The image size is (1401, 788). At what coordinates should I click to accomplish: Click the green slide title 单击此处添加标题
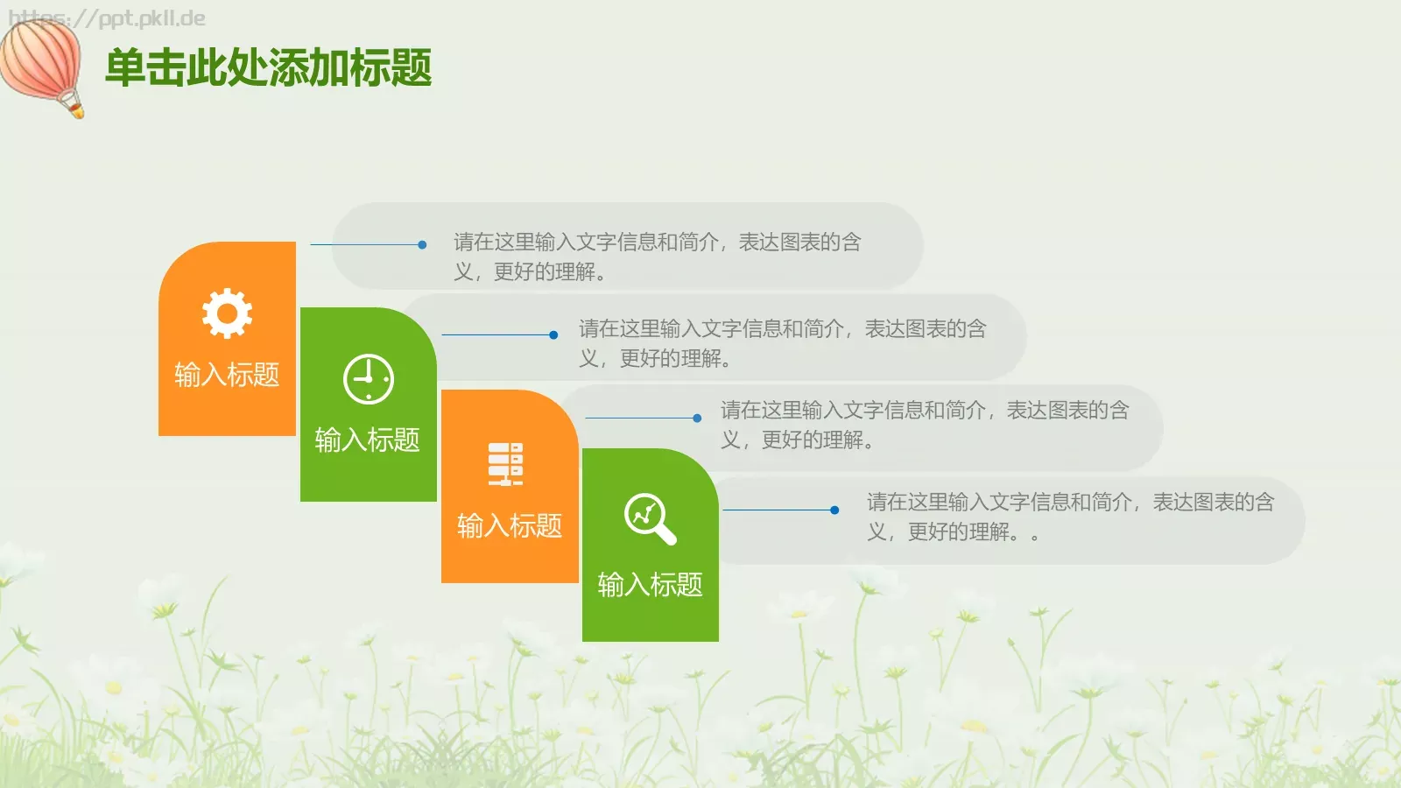point(268,68)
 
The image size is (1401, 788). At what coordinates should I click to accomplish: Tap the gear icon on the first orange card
point(227,313)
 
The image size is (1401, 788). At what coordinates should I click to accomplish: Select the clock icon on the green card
point(368,379)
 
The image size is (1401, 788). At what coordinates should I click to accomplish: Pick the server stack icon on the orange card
point(505,463)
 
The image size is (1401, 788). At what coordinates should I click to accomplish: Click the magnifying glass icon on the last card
point(649,518)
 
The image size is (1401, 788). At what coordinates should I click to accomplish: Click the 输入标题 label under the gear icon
point(227,375)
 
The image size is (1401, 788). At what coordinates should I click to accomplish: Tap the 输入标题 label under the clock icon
point(367,440)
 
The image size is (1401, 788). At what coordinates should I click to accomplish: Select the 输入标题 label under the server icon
point(509,525)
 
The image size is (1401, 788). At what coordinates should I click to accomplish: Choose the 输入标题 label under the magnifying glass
point(650,584)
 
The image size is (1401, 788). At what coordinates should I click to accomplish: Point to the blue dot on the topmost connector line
point(422,245)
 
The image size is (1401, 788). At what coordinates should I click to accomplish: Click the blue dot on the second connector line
point(553,334)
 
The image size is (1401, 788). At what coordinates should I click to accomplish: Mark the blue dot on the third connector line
point(697,418)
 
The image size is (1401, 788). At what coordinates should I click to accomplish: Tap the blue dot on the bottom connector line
point(834,510)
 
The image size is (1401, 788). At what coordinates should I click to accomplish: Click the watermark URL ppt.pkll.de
point(107,18)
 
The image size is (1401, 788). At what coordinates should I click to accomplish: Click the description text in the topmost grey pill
point(657,257)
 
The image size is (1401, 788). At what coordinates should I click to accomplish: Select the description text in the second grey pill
point(782,343)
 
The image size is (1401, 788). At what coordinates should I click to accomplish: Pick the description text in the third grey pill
point(925,425)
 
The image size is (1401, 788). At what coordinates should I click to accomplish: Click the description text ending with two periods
point(1070,517)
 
